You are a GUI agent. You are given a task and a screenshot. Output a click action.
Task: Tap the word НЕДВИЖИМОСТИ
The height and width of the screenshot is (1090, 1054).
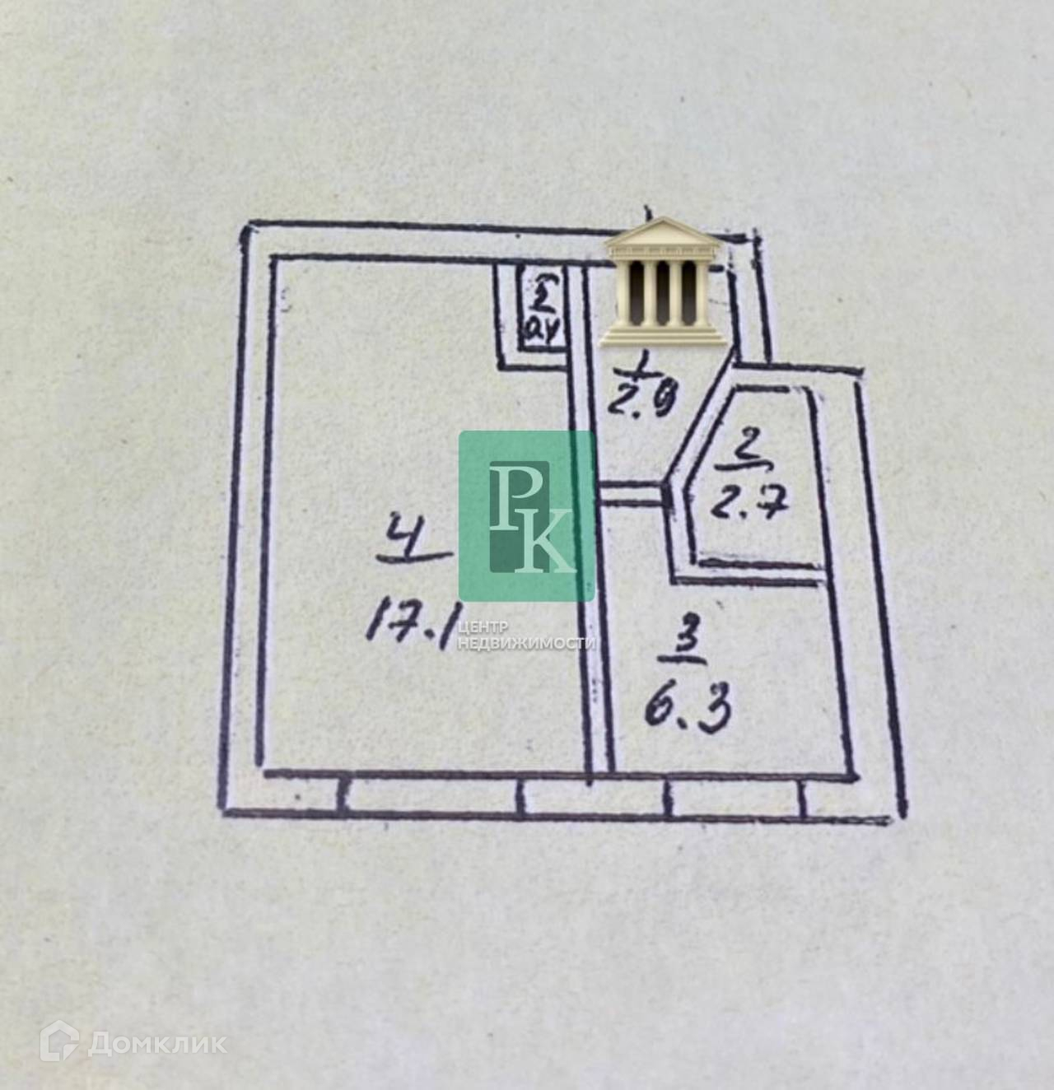coord(526,643)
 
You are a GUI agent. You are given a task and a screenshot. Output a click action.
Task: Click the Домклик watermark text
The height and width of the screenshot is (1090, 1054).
coord(157,1043)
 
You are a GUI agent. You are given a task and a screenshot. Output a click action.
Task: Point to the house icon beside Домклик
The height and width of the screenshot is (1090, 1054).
coord(59,1041)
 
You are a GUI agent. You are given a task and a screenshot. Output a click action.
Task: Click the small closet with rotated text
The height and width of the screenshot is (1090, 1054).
coord(540,314)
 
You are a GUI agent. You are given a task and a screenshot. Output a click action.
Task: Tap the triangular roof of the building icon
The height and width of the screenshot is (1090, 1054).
coord(664,231)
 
